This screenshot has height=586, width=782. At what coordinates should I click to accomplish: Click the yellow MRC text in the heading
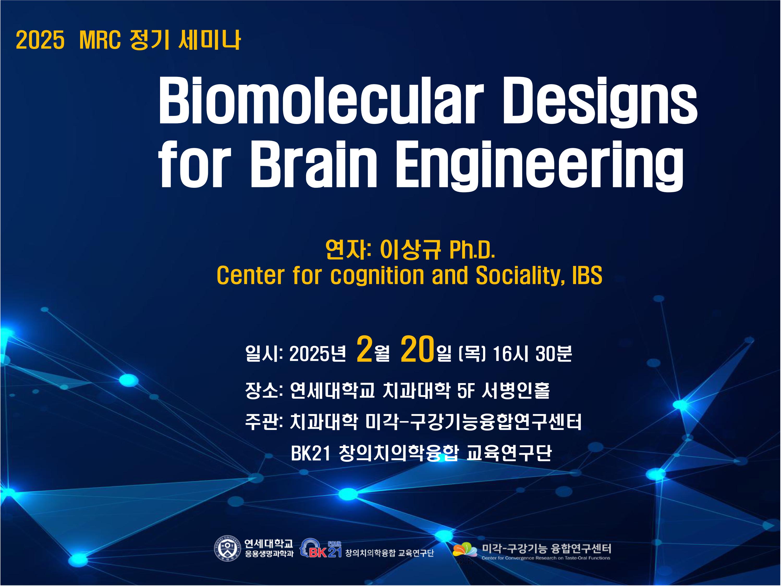pyautogui.click(x=100, y=40)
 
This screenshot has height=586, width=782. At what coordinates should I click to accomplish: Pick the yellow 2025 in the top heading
pyautogui.click(x=40, y=40)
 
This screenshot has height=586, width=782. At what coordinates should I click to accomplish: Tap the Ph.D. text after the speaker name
pyautogui.click(x=472, y=250)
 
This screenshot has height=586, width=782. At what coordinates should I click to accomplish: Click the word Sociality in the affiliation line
pyautogui.click(x=520, y=276)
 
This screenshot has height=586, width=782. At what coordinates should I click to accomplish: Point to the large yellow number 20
pyautogui.click(x=417, y=349)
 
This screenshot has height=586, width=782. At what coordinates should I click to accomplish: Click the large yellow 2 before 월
pyautogui.click(x=364, y=349)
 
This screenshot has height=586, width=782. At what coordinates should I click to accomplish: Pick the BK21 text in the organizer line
pyautogui.click(x=311, y=453)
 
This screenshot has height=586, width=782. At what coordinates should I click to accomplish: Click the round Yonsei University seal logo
pyautogui.click(x=227, y=548)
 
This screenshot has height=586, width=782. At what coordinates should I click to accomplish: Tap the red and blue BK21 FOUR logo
pyautogui.click(x=321, y=548)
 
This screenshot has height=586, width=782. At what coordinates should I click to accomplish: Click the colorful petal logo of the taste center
pyautogui.click(x=465, y=550)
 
